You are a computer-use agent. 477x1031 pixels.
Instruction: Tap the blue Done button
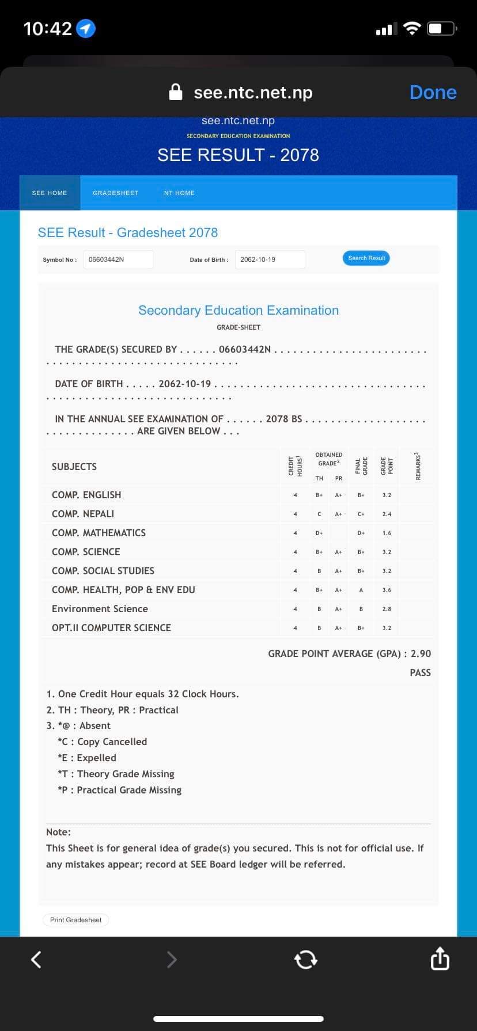click(433, 92)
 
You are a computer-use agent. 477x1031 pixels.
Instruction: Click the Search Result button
click(366, 258)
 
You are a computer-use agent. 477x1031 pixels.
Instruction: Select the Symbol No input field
click(119, 259)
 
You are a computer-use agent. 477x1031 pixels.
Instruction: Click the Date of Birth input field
click(270, 259)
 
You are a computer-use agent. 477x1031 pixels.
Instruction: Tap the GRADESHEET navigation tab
click(116, 193)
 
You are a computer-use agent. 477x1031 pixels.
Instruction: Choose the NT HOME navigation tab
click(179, 193)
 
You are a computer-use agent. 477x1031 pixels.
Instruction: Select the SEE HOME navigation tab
click(50, 193)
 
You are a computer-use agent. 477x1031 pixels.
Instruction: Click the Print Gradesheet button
click(75, 920)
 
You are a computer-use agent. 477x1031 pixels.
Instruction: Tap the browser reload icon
click(305, 959)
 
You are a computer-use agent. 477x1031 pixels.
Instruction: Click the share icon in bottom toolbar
click(440, 959)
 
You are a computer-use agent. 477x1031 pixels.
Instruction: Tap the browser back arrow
click(36, 959)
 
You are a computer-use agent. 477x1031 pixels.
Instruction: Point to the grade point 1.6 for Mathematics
click(387, 533)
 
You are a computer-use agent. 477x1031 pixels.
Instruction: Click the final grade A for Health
click(361, 590)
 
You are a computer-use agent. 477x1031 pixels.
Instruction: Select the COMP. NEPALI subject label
click(83, 514)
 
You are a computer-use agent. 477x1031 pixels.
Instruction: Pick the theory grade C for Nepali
click(319, 514)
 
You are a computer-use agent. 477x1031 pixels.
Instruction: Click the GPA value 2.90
click(421, 654)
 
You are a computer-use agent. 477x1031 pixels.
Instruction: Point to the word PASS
click(420, 673)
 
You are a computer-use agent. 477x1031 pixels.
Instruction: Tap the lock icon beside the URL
click(176, 92)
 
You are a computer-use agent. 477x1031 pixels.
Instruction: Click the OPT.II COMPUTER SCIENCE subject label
click(111, 628)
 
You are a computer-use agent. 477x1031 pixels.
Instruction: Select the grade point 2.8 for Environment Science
click(387, 609)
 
